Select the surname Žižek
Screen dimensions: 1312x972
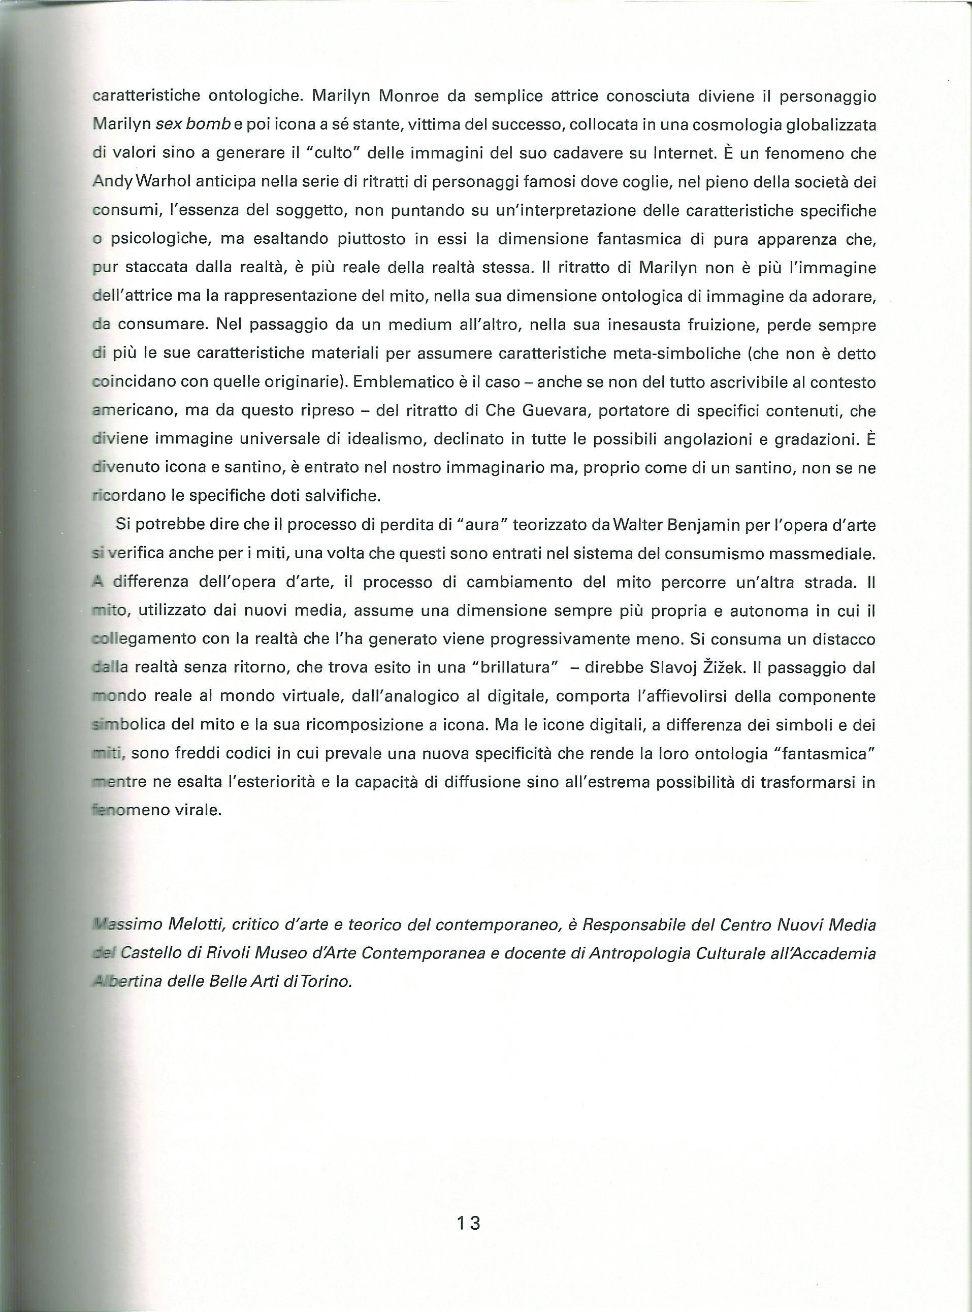(724, 668)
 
